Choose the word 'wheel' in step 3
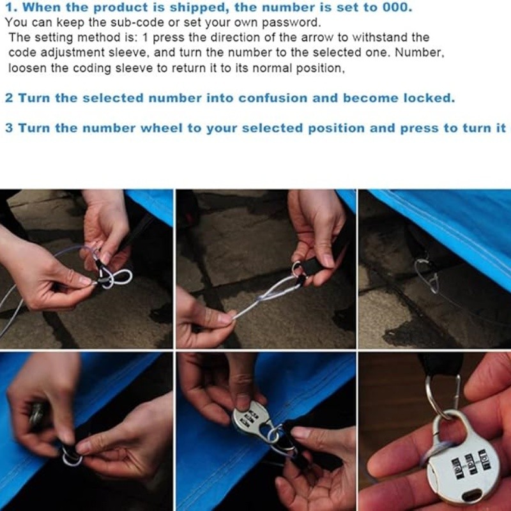pos(162,128)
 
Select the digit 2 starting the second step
pos(9,98)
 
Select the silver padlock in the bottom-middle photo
pos(252,420)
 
